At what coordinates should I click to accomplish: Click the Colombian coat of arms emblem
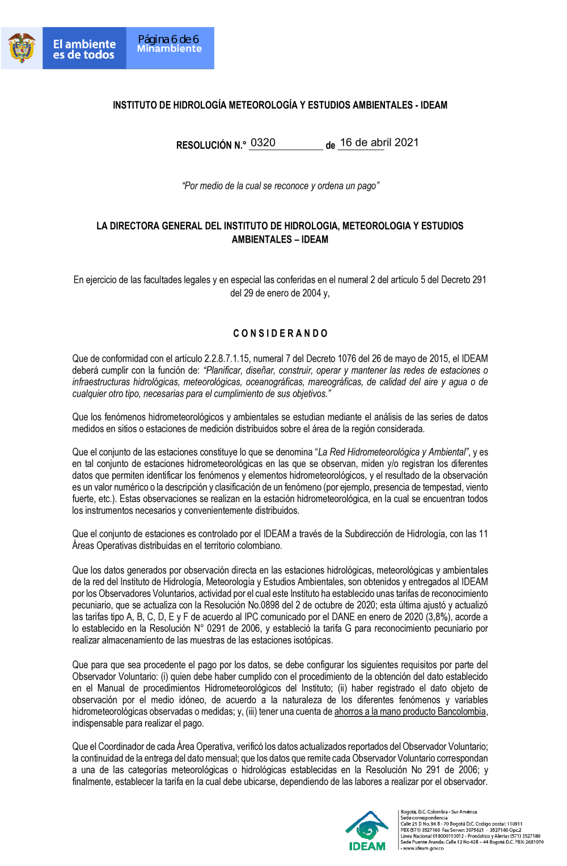[x=22, y=48]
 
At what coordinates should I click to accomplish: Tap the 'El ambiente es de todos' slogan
[x=84, y=49]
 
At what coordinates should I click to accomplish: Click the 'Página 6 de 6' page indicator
[x=168, y=39]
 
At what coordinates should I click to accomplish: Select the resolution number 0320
[x=263, y=143]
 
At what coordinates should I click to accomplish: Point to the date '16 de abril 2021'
[x=379, y=143]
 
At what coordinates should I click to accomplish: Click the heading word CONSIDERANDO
[x=280, y=333]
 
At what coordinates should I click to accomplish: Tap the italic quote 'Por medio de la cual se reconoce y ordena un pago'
[x=280, y=186]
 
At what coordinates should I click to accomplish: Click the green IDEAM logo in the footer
[x=367, y=830]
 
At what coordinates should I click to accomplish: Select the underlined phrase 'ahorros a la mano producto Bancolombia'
[x=410, y=711]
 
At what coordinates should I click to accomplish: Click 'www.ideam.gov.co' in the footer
[x=423, y=848]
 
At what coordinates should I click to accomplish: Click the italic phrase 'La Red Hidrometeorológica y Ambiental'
[x=392, y=452]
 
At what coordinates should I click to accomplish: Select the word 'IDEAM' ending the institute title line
[x=434, y=105]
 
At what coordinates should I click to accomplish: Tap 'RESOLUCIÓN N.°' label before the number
[x=211, y=146]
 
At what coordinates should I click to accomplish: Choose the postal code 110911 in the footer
[x=514, y=824]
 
